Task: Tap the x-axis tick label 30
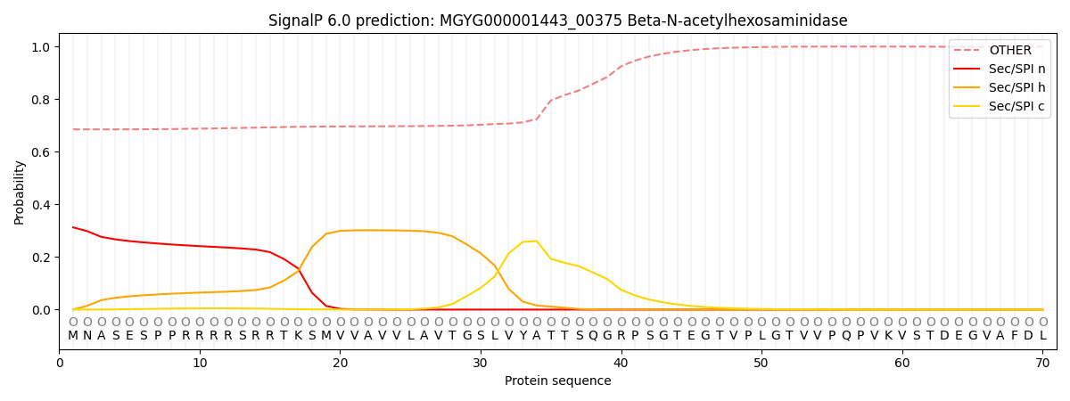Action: click(x=481, y=364)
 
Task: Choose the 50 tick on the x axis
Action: click(x=761, y=364)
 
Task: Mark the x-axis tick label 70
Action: click(x=1041, y=364)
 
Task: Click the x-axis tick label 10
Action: click(x=200, y=364)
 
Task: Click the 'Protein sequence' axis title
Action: click(x=557, y=381)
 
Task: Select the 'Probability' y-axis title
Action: click(x=20, y=192)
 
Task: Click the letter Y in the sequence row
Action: click(x=523, y=336)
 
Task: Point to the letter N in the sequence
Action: click(x=87, y=336)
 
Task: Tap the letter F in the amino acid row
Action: click(x=1015, y=336)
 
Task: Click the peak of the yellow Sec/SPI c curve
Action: click(x=536, y=241)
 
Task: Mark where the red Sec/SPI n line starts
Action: click(x=73, y=227)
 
